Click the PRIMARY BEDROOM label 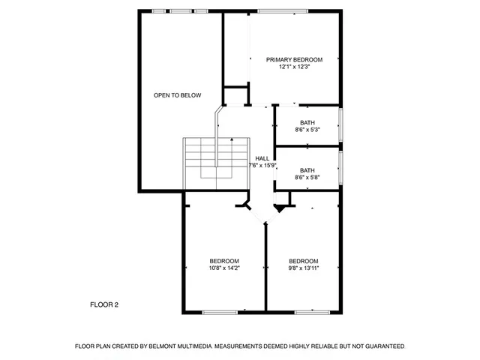[x=295, y=59]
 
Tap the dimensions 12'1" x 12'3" [x=295, y=67]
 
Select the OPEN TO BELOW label [x=177, y=95]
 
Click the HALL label [x=262, y=158]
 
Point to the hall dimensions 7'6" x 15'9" [x=262, y=166]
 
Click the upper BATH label [x=307, y=122]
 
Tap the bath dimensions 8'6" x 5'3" [x=307, y=130]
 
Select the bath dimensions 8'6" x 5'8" [x=307, y=177]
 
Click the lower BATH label [x=307, y=169]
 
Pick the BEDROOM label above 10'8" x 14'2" [x=224, y=260]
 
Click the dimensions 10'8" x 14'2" [x=224, y=268]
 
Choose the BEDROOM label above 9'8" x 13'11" [x=304, y=260]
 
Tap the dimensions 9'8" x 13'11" [x=304, y=268]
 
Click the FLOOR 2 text [x=104, y=304]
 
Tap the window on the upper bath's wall [x=342, y=124]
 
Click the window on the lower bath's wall [x=342, y=169]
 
